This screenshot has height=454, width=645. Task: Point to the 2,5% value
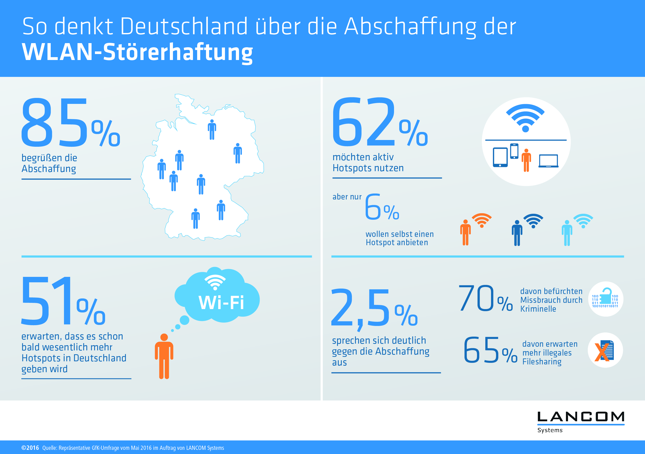click(x=374, y=309)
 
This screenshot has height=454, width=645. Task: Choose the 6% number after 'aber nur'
click(x=382, y=208)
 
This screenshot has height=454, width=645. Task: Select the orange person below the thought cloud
click(x=164, y=356)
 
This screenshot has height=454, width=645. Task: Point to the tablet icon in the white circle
click(x=500, y=157)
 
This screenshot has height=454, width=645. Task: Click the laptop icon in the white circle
click(x=548, y=161)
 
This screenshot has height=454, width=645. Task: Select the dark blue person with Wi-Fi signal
click(x=517, y=233)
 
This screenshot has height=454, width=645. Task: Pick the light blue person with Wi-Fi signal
click(x=567, y=233)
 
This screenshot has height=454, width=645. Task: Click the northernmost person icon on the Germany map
click(x=212, y=130)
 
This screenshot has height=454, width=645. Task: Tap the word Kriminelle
click(x=538, y=309)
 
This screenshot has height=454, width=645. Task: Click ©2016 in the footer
click(x=30, y=448)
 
